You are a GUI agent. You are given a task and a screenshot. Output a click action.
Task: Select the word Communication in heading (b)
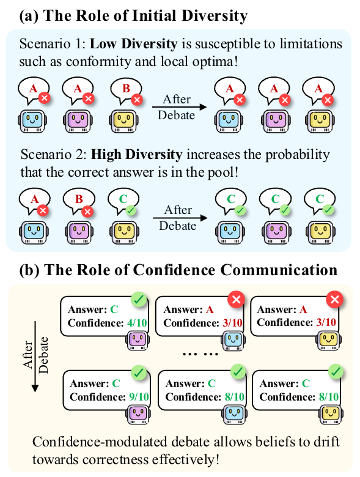point(279,270)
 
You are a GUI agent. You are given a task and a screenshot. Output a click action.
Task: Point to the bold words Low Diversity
point(133,44)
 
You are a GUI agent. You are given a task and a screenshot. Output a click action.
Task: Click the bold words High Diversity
point(136,155)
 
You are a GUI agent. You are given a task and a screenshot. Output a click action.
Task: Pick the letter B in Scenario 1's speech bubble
point(126,88)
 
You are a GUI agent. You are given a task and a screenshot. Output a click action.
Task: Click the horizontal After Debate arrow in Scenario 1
point(180,107)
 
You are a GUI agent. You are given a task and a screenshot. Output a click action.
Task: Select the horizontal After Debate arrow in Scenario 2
point(180,218)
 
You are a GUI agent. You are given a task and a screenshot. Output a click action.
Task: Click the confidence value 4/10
point(137,322)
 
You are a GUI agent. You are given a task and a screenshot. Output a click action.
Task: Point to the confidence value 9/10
point(139,397)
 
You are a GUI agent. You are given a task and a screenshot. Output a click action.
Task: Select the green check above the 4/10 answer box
point(139,300)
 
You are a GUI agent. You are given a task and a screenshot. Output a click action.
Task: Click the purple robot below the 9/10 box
point(138,414)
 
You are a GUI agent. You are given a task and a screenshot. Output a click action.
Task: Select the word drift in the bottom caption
point(326,442)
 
